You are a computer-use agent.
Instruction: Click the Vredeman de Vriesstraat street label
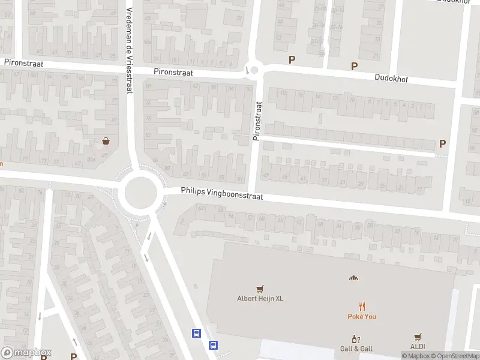point(129,50)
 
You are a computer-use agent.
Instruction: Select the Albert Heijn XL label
point(260,299)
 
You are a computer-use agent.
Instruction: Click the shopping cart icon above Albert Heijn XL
point(260,289)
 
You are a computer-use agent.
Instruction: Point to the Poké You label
point(362,316)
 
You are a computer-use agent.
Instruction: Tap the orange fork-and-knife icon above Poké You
point(362,306)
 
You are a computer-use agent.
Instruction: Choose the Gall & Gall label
point(356,349)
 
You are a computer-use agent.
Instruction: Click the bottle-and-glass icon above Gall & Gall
point(356,339)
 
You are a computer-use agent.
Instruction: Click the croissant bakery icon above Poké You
point(353,277)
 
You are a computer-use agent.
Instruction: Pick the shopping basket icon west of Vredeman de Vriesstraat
point(106,141)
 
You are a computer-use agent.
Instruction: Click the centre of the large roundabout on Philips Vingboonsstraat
point(141,193)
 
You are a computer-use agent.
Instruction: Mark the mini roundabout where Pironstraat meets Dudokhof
point(254,71)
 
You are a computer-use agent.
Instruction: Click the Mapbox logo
point(26,353)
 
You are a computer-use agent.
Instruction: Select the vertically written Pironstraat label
point(258,121)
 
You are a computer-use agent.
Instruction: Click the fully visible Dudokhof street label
point(391,78)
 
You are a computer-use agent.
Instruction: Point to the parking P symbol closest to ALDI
point(442,143)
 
